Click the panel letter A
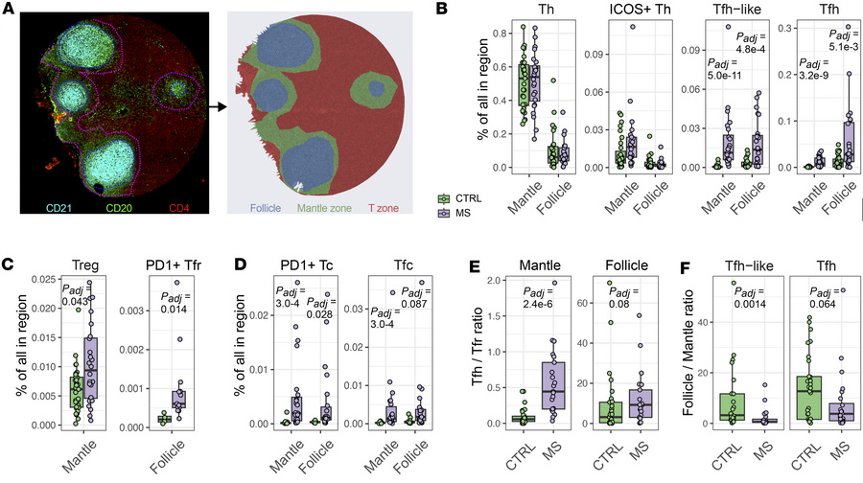(8, 9)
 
